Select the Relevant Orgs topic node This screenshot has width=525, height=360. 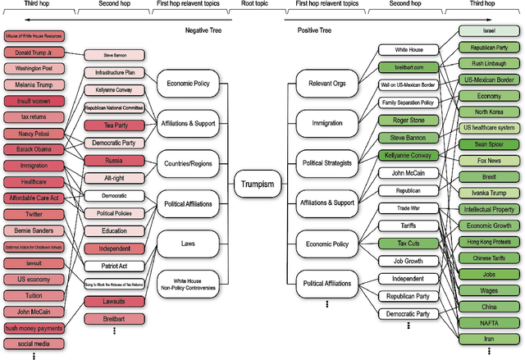click(x=325, y=84)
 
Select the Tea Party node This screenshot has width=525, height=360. click(x=110, y=125)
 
